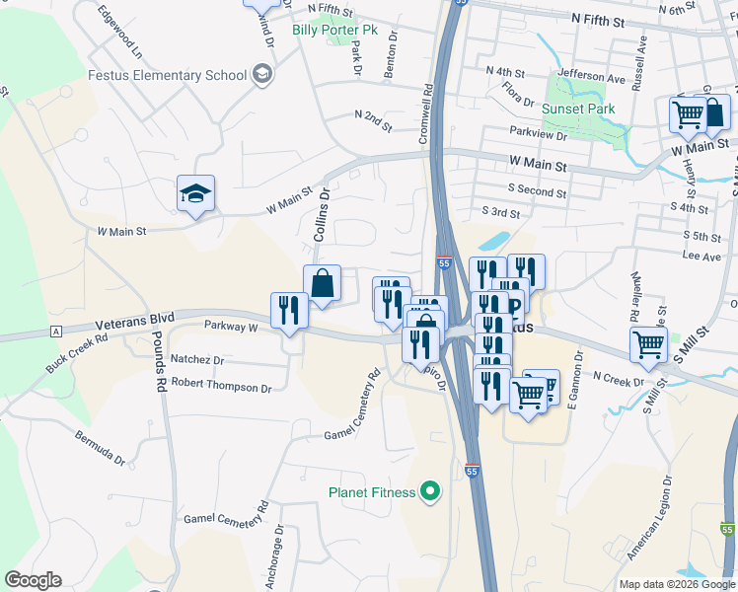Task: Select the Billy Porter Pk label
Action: [x=334, y=30]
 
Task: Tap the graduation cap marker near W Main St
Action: [x=195, y=193]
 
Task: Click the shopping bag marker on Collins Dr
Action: [x=322, y=284]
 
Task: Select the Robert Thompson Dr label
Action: [x=221, y=386]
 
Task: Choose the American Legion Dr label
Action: [x=649, y=517]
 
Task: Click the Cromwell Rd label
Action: [x=428, y=114]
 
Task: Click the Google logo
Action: [x=34, y=580]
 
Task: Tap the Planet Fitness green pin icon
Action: [x=429, y=490]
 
